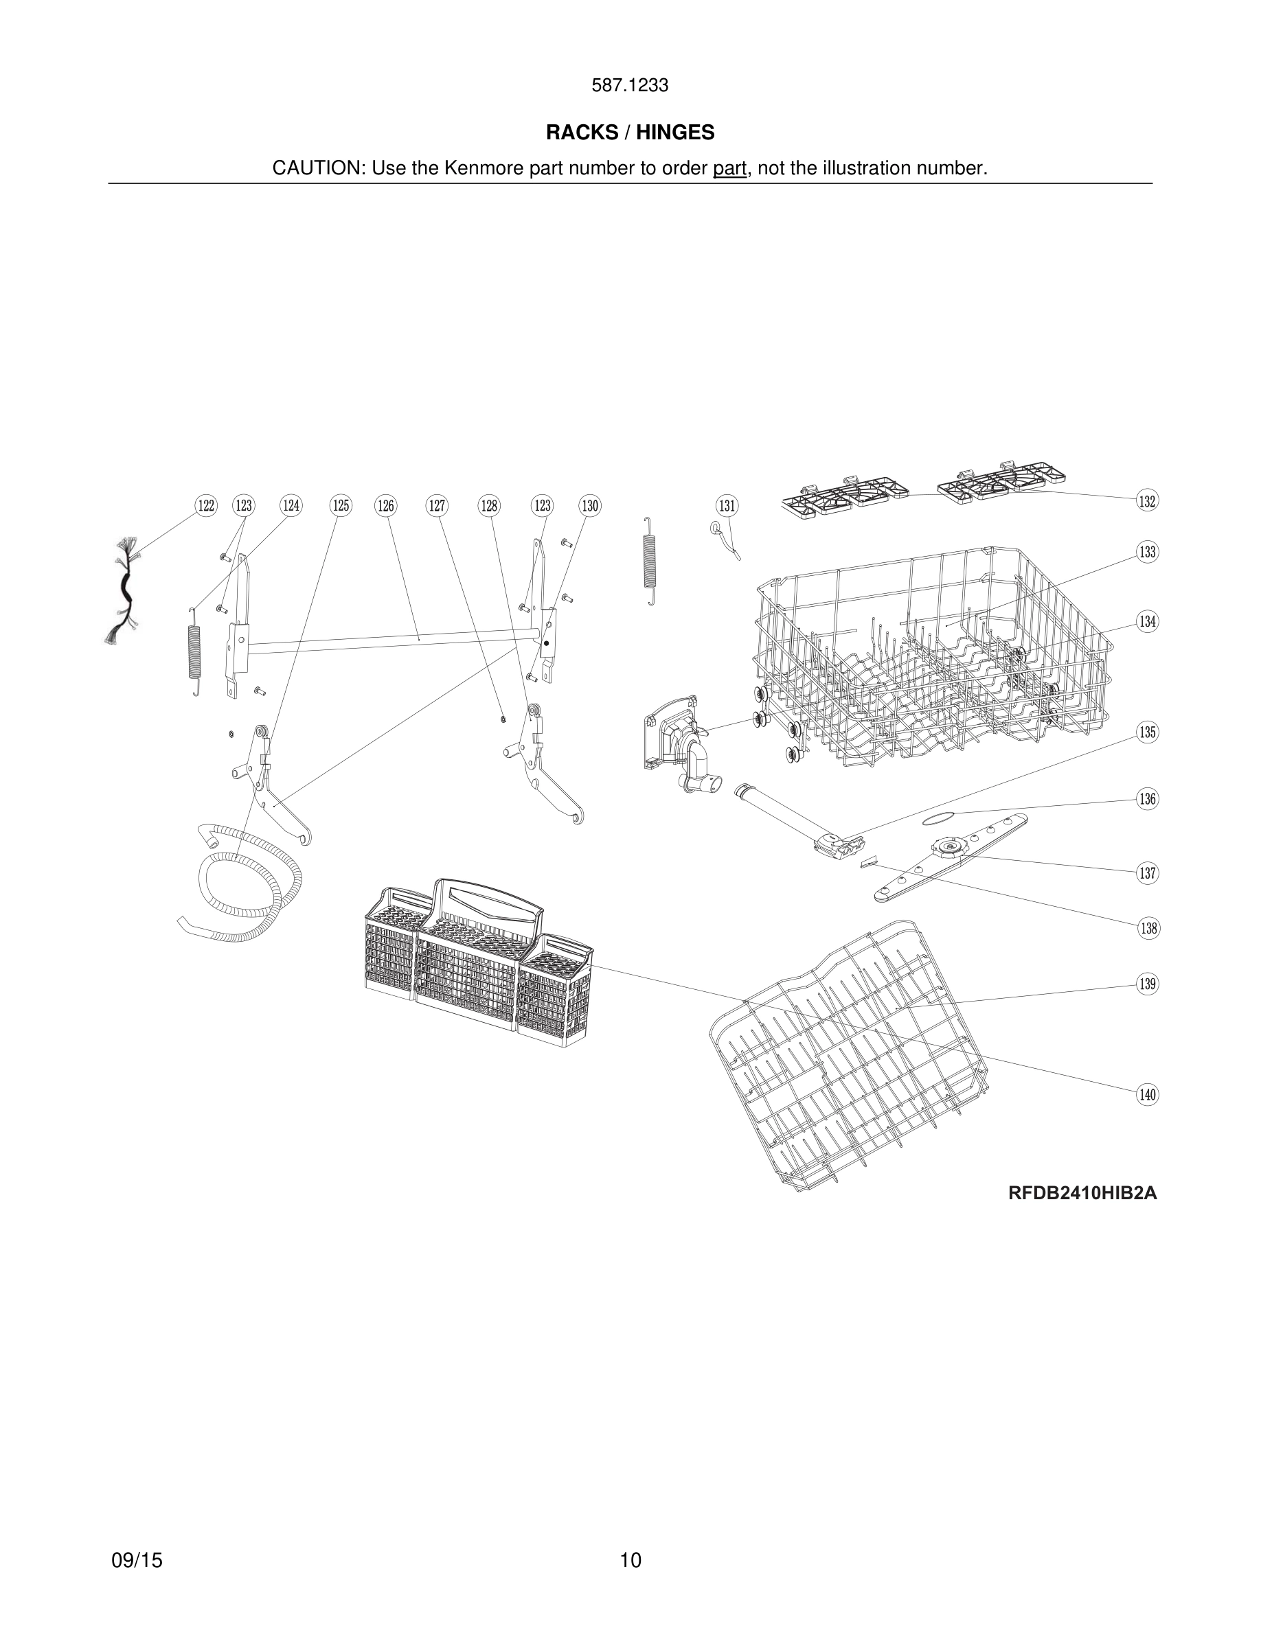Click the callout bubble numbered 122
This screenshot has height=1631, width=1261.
pos(205,506)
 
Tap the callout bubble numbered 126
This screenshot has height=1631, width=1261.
pos(385,506)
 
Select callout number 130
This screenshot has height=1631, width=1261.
pos(590,506)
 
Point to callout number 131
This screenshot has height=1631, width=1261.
pos(727,506)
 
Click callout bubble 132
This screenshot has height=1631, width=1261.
pos(1148,500)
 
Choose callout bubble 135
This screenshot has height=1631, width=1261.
pos(1148,732)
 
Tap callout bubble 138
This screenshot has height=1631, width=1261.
pos(1148,928)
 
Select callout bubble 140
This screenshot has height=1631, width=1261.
pos(1148,1095)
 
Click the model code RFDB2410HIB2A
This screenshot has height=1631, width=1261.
pos(1082,1193)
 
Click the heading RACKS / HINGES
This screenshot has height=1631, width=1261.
pos(630,132)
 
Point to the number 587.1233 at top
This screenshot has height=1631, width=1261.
pos(630,86)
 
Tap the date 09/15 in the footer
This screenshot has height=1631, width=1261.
pos(137,1560)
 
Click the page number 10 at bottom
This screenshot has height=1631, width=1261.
pos(630,1560)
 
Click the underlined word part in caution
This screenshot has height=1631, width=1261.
pos(729,169)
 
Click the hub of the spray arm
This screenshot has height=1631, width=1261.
pos(951,847)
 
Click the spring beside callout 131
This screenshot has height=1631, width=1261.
pos(650,561)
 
